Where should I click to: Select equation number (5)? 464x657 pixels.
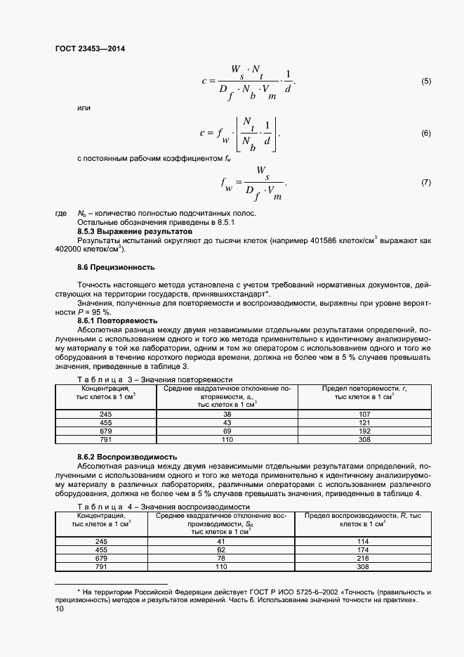coord(425,82)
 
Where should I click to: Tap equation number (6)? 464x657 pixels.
coord(425,133)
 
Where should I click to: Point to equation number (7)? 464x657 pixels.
coord(425,183)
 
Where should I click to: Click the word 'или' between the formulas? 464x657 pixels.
coord(84,108)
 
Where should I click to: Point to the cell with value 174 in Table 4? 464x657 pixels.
coord(363,549)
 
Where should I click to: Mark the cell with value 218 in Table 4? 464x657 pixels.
coord(363,558)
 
